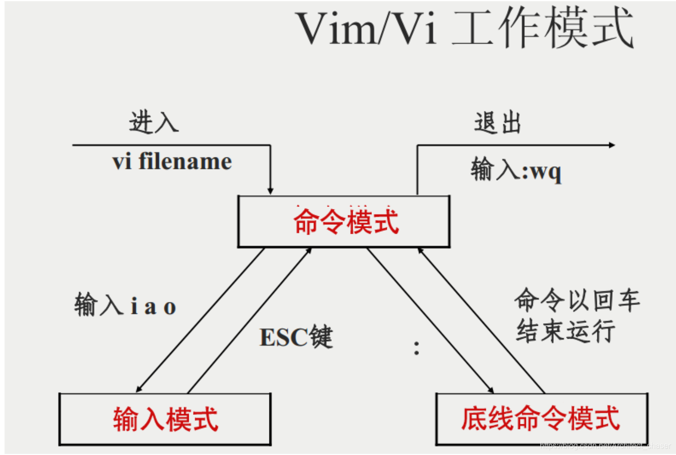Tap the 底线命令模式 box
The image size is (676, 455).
click(541, 419)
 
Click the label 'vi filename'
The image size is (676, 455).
click(172, 162)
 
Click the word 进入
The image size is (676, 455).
click(154, 122)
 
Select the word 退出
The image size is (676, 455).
click(497, 123)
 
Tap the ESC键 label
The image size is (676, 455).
click(296, 337)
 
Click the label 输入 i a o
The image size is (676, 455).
click(125, 305)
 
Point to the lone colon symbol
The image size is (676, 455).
click(416, 348)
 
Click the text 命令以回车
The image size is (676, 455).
click(577, 300)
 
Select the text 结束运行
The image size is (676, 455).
click(565, 331)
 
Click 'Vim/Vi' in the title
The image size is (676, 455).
click(366, 29)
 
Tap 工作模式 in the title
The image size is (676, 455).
click(542, 29)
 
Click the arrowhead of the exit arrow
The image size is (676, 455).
click(612, 145)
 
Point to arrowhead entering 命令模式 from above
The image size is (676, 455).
click(270, 191)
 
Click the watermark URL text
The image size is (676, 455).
click(605, 446)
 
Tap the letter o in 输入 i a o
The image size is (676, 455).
click(170, 307)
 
